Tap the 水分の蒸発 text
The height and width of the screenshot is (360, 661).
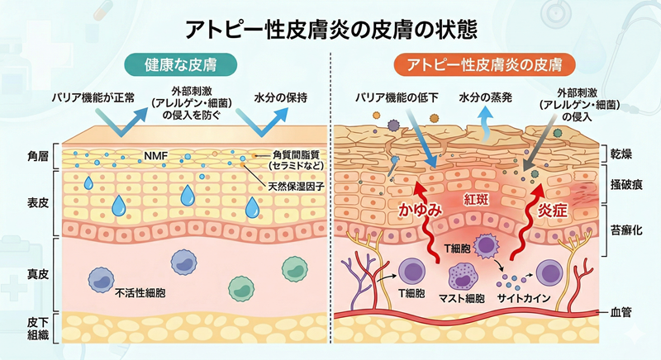click(x=486, y=98)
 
